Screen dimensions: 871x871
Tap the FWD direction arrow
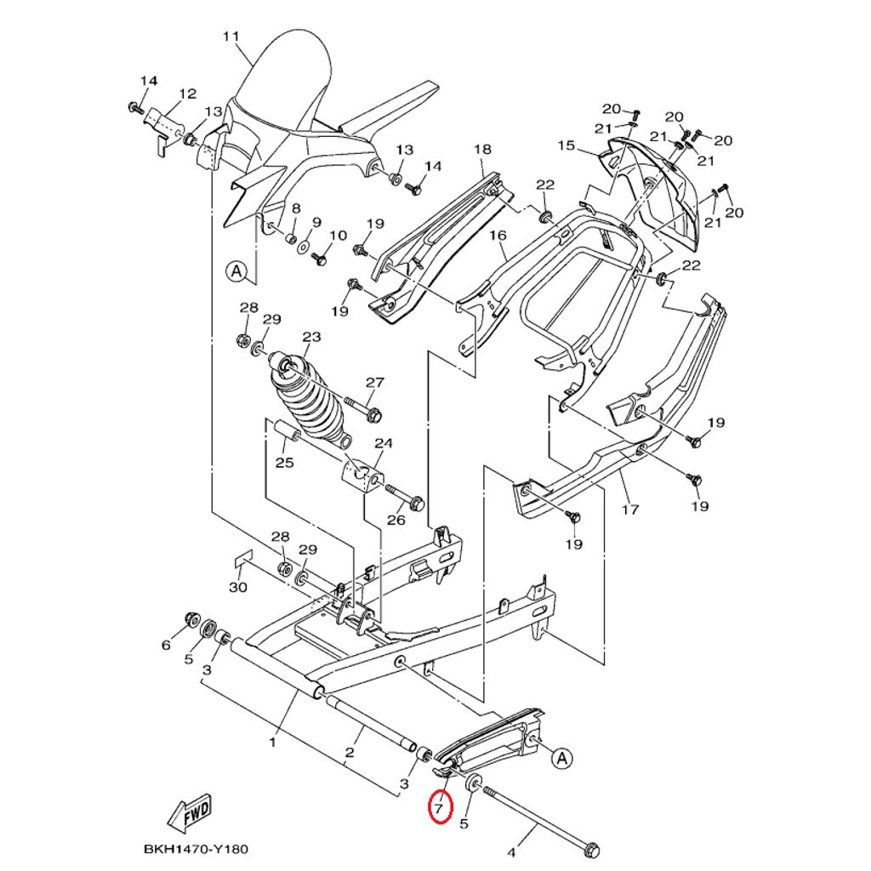pos(191,814)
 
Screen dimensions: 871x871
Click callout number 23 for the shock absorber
pos(311,337)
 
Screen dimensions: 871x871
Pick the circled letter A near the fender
pos(236,272)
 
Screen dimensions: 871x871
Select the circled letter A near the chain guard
pos(561,757)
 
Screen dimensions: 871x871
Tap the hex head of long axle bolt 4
pos(593,850)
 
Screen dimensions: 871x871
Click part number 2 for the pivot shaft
pos(349,753)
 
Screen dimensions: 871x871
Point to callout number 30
pos(238,587)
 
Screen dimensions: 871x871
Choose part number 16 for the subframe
pos(498,235)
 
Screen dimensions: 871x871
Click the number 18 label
pos(482,150)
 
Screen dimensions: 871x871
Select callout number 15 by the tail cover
pos(590,145)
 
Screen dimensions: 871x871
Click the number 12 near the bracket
pos(187,94)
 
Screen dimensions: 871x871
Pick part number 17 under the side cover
pos(629,510)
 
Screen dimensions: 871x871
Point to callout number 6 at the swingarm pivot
pos(166,646)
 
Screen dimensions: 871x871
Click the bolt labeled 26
pos(416,504)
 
